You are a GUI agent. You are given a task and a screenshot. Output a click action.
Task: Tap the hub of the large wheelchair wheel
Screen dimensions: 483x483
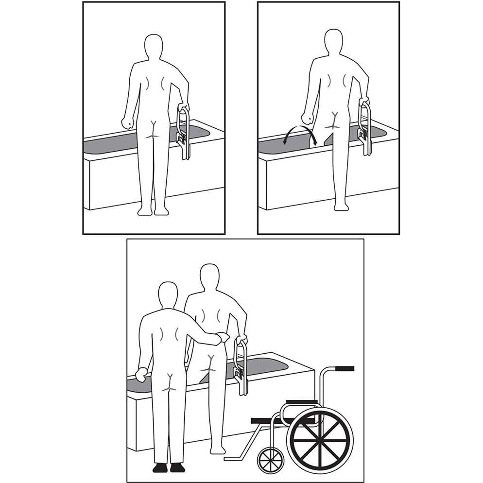click(x=319, y=439)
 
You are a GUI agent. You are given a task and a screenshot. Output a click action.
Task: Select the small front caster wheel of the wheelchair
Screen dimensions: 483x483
click(x=270, y=459)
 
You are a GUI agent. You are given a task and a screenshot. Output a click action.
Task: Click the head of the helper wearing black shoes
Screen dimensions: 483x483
click(x=168, y=294)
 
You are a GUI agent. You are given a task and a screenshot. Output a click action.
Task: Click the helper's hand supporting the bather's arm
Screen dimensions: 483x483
click(x=223, y=337)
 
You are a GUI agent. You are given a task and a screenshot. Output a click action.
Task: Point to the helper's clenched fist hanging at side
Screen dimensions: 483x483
click(x=141, y=375)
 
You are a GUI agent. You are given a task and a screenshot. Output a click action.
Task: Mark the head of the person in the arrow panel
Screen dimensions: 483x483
click(x=333, y=42)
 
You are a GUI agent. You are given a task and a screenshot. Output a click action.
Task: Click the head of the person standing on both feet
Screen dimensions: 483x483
click(x=154, y=47)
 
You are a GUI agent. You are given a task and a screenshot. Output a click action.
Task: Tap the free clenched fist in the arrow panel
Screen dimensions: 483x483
click(x=307, y=119)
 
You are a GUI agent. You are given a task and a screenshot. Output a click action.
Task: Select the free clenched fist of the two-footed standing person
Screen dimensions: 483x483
click(x=127, y=122)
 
